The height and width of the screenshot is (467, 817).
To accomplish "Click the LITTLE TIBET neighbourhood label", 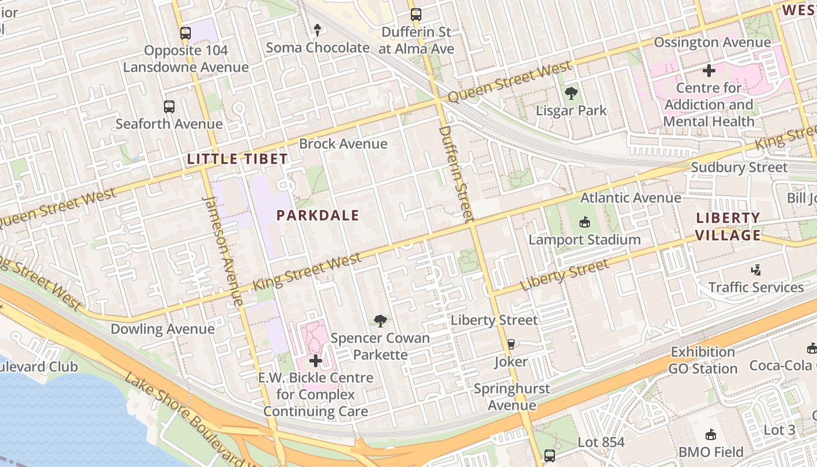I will tap(237, 159).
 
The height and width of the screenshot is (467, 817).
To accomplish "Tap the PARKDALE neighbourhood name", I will tap(317, 215).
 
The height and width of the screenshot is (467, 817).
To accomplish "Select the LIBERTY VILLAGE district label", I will tap(728, 227).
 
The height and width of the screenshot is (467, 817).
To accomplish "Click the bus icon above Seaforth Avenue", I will tap(169, 107).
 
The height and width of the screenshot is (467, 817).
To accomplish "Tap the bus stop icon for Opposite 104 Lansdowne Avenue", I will tap(186, 33).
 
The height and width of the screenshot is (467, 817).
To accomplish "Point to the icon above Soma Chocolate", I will tap(317, 29).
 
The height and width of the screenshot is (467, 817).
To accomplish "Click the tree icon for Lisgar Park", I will tap(571, 93).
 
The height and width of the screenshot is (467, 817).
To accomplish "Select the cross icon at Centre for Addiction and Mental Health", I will tap(709, 71).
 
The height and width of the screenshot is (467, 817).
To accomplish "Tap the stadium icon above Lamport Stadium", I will tap(584, 222).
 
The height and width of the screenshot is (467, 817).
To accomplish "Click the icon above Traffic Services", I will tap(756, 270).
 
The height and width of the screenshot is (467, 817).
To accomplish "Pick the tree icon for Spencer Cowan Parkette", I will tap(380, 320).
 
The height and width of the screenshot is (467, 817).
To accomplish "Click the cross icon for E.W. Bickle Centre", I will tap(316, 361).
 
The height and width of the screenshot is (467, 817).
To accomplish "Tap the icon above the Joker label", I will tap(511, 344).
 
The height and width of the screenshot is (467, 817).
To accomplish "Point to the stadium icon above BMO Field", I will tap(711, 434).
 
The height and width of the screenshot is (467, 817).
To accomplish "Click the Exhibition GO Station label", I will tap(703, 360).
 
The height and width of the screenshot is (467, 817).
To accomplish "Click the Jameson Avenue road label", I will tap(222, 251).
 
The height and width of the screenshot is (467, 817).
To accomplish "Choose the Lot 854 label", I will tap(601, 442).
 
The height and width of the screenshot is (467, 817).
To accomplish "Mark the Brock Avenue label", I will tap(343, 144).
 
